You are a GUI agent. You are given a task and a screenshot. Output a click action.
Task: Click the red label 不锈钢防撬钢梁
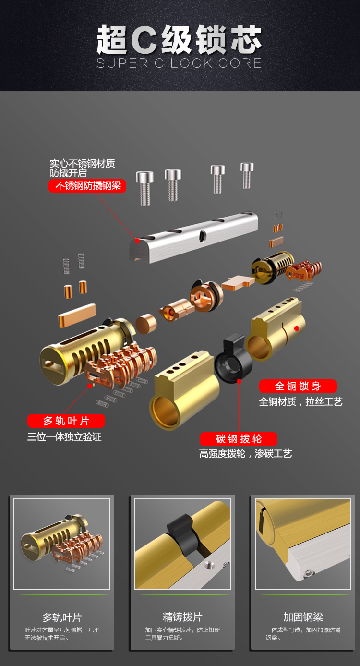pos(87,186)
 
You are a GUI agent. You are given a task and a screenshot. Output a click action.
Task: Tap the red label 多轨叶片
pos(66,421)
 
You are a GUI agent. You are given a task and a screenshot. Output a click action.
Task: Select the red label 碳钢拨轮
pos(239,439)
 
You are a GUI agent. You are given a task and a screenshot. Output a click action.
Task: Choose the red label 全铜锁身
pos(298,386)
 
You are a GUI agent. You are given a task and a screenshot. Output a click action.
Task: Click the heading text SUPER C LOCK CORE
pos(179,63)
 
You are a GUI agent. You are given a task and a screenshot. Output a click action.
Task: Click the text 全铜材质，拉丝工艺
pos(301,402)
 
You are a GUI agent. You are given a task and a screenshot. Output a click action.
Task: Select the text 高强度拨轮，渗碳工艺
pos(245,454)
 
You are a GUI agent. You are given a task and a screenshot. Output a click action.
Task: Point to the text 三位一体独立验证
pos(64,437)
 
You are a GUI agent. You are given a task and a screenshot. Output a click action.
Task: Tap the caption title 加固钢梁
pos(303,618)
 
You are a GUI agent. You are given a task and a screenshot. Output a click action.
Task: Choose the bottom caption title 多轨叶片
pos(62,618)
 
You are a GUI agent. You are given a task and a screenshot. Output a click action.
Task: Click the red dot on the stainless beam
pos(137,240)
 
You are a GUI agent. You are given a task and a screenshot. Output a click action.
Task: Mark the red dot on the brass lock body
pos(297,329)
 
